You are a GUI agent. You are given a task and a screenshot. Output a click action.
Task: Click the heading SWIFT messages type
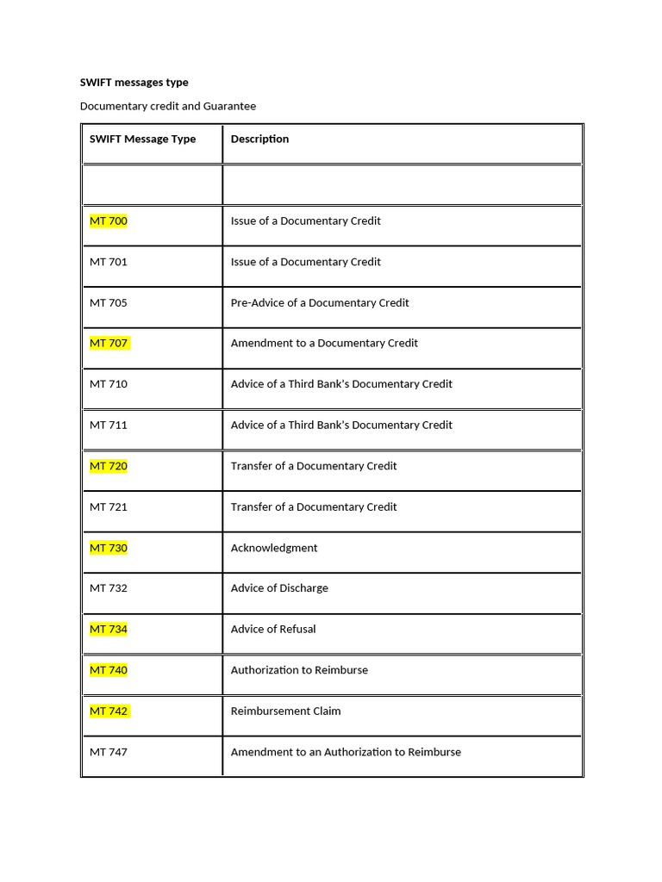(x=134, y=83)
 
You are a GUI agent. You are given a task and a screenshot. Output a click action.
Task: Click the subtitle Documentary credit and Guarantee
(x=167, y=106)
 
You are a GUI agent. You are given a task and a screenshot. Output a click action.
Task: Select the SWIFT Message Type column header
(x=142, y=139)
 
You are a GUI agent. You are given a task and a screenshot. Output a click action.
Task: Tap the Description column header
(x=259, y=139)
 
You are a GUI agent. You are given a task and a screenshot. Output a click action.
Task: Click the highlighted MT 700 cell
(x=109, y=221)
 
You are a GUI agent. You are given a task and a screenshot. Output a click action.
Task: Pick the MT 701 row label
(x=109, y=262)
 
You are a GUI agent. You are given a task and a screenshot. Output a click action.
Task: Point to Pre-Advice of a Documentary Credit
(x=320, y=302)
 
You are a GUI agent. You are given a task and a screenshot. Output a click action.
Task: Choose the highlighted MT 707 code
(x=109, y=344)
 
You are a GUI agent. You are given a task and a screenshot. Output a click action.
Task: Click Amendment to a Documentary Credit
(x=324, y=343)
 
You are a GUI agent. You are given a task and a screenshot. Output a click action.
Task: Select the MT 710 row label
(x=109, y=384)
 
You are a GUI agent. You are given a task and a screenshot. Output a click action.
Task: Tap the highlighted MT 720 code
(x=109, y=466)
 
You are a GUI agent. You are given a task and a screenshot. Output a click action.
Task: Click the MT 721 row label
(x=109, y=506)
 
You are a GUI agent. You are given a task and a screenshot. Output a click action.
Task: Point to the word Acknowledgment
(x=274, y=548)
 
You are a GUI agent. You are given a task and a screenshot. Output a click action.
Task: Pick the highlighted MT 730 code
(x=109, y=548)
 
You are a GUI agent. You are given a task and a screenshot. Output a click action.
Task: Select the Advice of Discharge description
(x=279, y=588)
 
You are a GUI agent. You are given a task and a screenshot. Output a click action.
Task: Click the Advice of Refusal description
(x=273, y=629)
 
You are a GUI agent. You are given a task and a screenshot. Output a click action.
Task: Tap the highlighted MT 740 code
(x=109, y=670)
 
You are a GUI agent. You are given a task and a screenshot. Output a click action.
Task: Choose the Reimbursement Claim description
(x=285, y=711)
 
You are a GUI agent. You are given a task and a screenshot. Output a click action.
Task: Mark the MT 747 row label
(x=109, y=752)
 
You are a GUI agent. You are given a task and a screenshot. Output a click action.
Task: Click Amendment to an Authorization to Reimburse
(x=346, y=752)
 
